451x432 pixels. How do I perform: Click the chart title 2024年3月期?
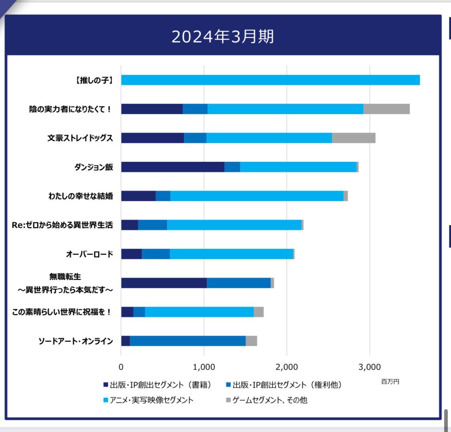(x=223, y=37)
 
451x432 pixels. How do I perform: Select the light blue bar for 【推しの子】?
(x=270, y=80)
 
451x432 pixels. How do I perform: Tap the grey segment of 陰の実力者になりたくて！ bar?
(x=386, y=109)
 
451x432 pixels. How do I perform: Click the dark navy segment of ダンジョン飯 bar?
(x=173, y=167)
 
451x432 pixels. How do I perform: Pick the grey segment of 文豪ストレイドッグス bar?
(x=353, y=138)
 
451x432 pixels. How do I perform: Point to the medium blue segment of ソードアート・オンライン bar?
(x=187, y=341)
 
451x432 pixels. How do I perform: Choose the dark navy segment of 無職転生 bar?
(x=164, y=283)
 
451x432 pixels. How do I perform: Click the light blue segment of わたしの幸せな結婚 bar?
(x=257, y=196)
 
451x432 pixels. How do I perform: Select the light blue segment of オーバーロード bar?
(x=231, y=254)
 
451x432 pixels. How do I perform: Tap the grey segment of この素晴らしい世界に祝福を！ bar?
(x=258, y=312)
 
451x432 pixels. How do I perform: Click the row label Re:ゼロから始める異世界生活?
(x=62, y=225)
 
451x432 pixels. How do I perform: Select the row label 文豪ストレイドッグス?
(x=80, y=138)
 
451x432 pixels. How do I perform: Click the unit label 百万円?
(x=390, y=382)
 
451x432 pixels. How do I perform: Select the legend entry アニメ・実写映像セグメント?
(x=152, y=400)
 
